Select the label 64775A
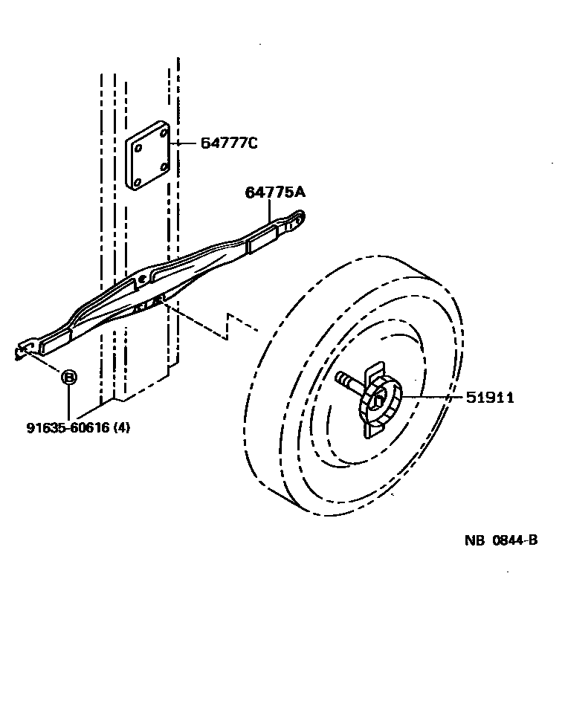tap(275, 192)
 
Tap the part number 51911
tap(490, 398)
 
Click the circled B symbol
tap(68, 378)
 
